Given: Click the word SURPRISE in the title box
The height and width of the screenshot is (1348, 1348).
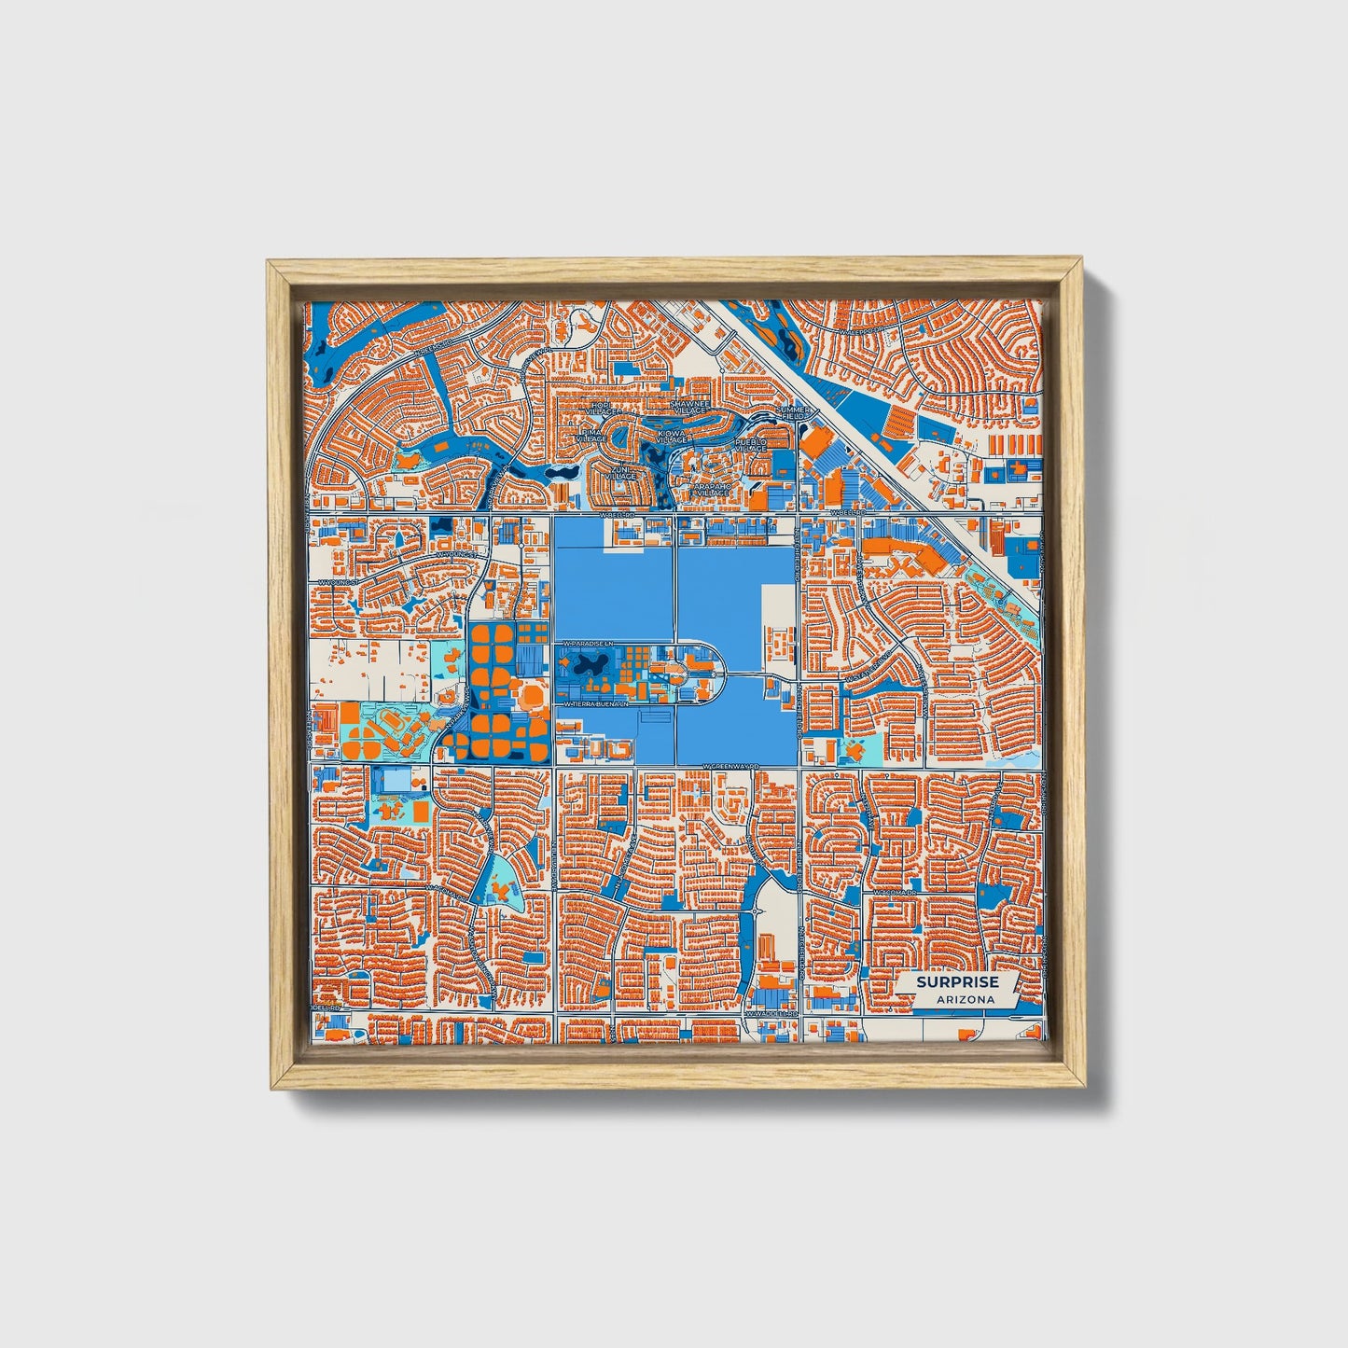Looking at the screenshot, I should [956, 981].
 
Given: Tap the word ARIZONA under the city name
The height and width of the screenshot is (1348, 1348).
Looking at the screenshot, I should [956, 999].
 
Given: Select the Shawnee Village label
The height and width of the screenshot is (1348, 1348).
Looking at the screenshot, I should [690, 407].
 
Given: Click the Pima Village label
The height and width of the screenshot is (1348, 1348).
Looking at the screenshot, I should [591, 437].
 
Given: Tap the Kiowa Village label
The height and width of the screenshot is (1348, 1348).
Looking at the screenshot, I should [670, 437].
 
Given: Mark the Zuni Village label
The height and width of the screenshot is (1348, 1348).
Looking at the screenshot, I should [620, 473].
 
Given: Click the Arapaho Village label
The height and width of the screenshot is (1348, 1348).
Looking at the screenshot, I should [714, 489].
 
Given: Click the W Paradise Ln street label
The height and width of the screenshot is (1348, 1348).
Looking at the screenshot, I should [585, 644].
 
